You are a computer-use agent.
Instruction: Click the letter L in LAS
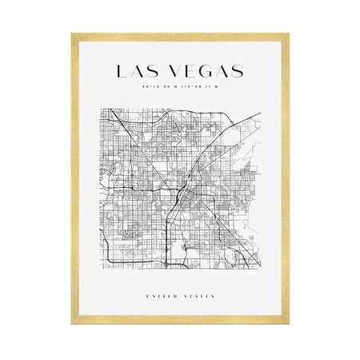pyautogui.click(x=121, y=71)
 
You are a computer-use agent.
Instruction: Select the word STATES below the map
pyautogui.click(x=199, y=297)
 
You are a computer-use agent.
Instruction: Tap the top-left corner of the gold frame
pyautogui.click(x=73, y=34)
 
